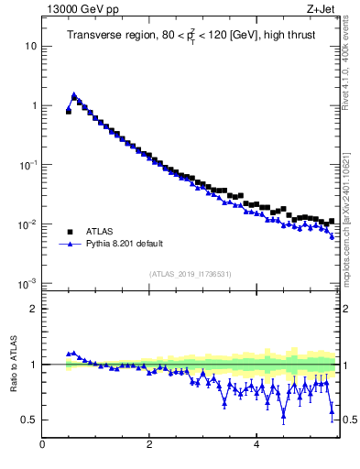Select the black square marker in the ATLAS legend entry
(69, 232)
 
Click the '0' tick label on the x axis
(42, 446)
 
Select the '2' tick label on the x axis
(149, 446)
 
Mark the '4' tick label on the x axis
(256, 446)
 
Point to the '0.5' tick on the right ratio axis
(349, 420)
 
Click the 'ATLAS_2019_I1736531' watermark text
(191, 274)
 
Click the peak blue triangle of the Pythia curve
(74, 95)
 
